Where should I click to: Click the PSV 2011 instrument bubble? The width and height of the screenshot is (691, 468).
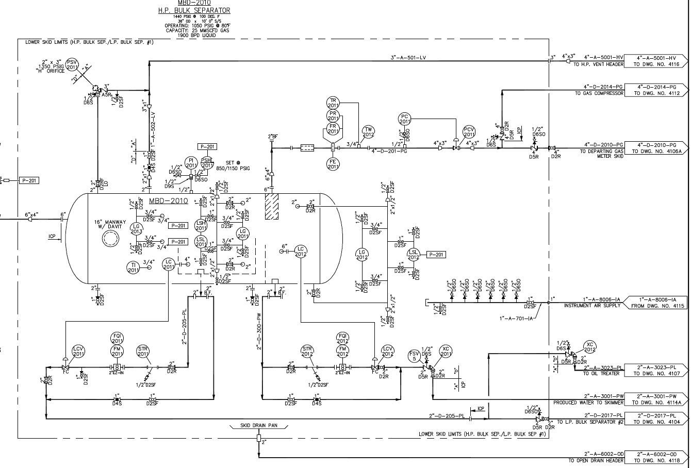click(x=72, y=64)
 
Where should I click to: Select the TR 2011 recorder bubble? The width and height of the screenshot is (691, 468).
click(x=333, y=103)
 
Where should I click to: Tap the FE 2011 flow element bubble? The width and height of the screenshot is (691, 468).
click(x=333, y=164)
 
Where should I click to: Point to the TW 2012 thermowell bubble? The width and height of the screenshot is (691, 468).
click(x=368, y=132)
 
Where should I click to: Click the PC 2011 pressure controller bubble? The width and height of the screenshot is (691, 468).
click(x=405, y=120)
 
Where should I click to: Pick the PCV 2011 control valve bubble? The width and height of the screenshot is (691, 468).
click(x=469, y=132)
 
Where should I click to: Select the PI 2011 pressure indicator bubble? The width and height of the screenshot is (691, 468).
click(x=191, y=163)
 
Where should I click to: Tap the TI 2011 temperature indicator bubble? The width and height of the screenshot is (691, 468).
click(x=133, y=267)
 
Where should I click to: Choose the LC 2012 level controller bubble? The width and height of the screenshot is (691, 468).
click(x=301, y=252)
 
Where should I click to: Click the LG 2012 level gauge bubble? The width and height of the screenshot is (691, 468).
click(x=362, y=254)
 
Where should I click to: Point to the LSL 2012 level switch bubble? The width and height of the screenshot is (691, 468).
click(x=414, y=254)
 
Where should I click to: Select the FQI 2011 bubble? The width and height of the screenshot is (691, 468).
click(x=117, y=338)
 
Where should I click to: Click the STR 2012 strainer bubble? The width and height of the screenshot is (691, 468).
click(x=307, y=352)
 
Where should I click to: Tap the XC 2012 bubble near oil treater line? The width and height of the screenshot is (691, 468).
click(x=590, y=347)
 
